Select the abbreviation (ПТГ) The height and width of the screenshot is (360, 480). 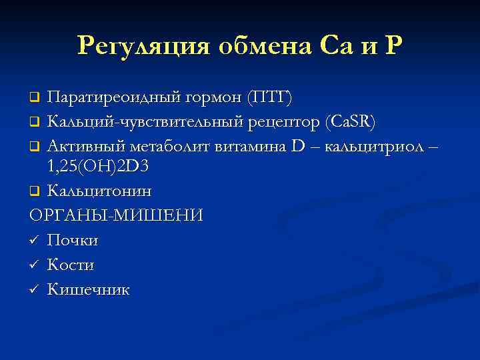click(x=269, y=99)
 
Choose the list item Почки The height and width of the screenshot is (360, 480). click(x=73, y=241)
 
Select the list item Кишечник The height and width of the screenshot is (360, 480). click(x=88, y=290)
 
